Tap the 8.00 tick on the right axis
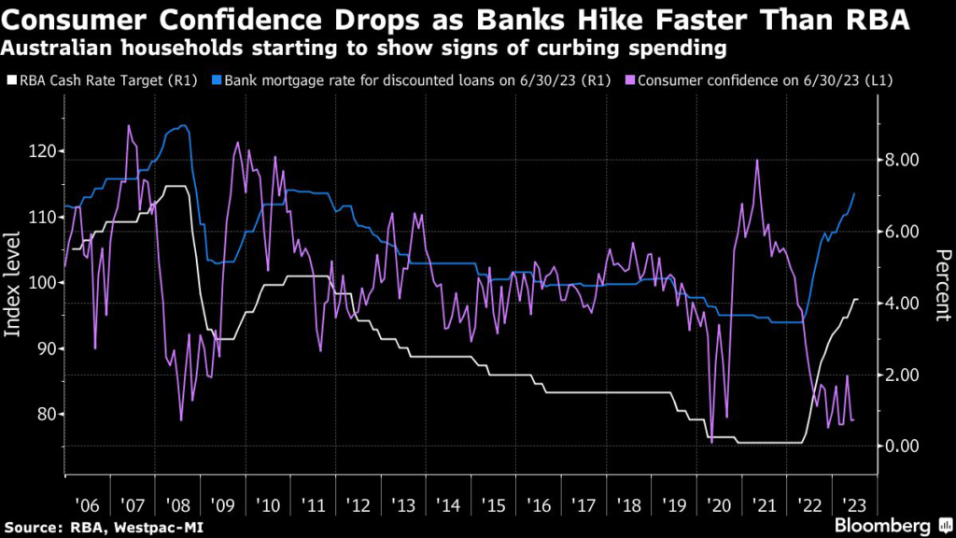point(903,161)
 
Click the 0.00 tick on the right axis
point(903,446)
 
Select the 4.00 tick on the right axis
point(903,303)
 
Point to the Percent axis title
point(943,285)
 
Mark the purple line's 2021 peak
point(756,160)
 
